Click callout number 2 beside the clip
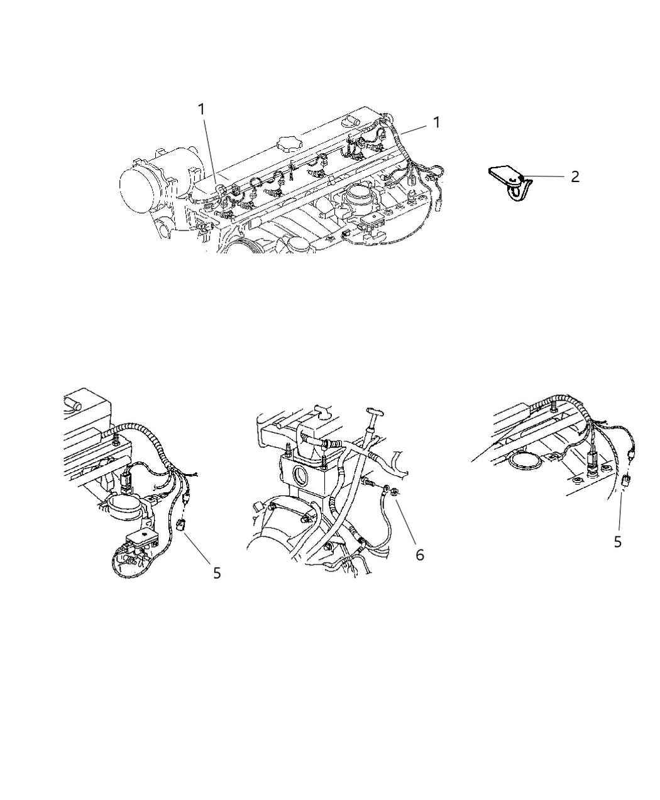pyautogui.click(x=575, y=177)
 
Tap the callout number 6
pyautogui.click(x=419, y=554)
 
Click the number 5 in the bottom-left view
pyautogui.click(x=217, y=573)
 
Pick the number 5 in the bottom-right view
pyautogui.click(x=618, y=541)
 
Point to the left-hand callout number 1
pyautogui.click(x=202, y=109)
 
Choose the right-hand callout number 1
pyautogui.click(x=436, y=122)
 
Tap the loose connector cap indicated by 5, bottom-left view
pyautogui.click(x=181, y=526)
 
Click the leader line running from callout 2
pyautogui.click(x=544, y=177)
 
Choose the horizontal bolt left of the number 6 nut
pyautogui.click(x=369, y=484)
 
